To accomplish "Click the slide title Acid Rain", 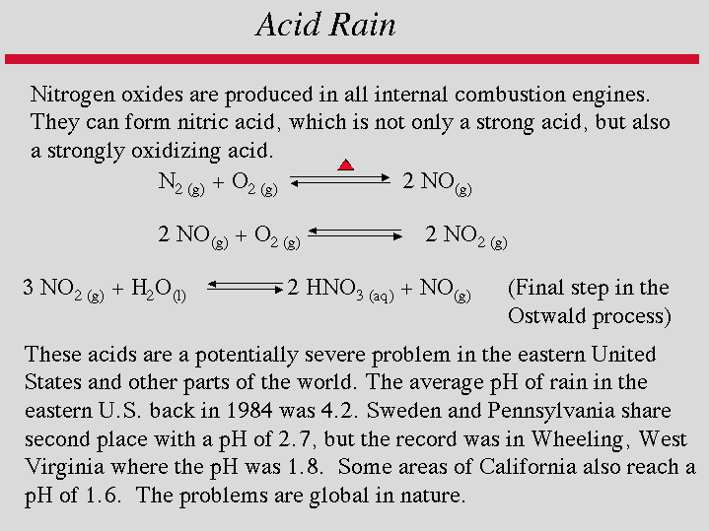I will click(x=325, y=24).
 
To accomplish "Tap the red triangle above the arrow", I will click(x=345, y=165).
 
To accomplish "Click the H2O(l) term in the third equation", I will click(x=159, y=290).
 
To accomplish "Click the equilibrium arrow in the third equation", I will click(x=246, y=288).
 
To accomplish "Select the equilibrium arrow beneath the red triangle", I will click(x=340, y=179).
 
